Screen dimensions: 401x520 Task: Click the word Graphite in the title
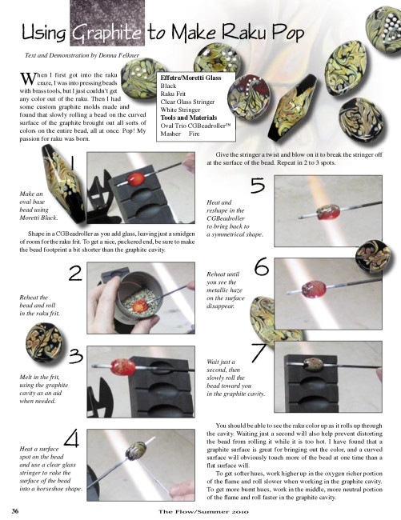point(106,34)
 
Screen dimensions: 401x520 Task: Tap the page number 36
point(15,511)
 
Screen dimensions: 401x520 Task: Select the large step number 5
point(258,186)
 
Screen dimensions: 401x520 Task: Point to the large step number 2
point(75,274)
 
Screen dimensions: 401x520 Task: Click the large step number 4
point(72,438)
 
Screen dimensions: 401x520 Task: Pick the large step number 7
point(259,353)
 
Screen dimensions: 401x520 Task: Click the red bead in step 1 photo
point(135,179)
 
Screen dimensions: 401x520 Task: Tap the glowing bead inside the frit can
point(140,306)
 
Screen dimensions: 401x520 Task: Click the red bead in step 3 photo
point(123,367)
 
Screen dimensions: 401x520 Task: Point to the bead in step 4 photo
point(136,451)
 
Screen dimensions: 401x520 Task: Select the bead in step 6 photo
point(315,289)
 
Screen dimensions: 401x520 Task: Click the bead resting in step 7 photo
point(314,365)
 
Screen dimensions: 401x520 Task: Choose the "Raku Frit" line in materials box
point(173,94)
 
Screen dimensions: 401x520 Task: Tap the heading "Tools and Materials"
point(189,118)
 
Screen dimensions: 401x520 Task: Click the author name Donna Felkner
point(118,55)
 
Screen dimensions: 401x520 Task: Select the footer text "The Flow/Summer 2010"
point(203,512)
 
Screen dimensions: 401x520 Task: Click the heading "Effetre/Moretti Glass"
point(190,78)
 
